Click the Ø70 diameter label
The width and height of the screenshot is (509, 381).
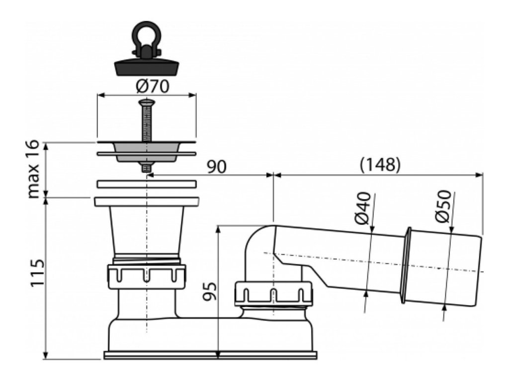[x=153, y=86]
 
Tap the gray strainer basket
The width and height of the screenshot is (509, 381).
[x=146, y=151]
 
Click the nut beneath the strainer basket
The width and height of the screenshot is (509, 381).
[x=146, y=168]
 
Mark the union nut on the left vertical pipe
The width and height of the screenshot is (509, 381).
[x=146, y=273]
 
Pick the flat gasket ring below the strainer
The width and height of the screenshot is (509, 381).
[x=146, y=184]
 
